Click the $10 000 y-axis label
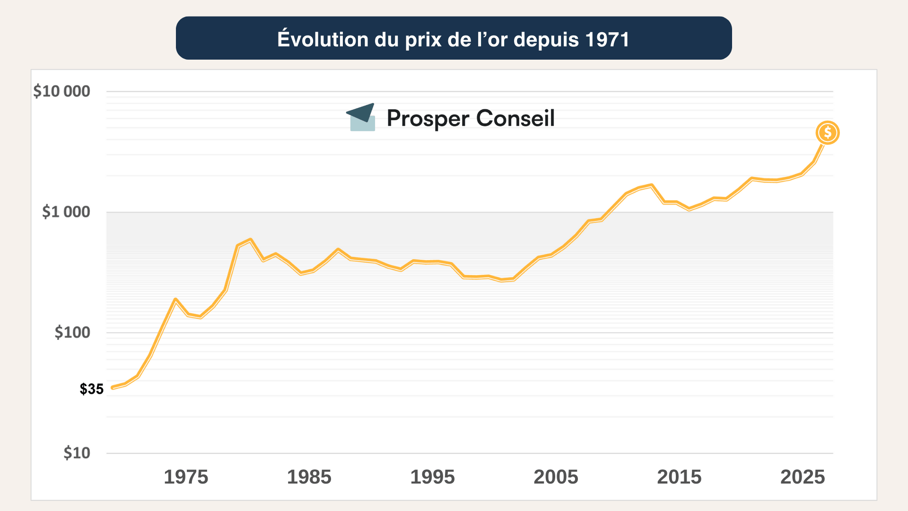click(x=61, y=91)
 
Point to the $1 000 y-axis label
click(x=66, y=211)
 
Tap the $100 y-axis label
click(x=72, y=332)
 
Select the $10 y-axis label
click(x=77, y=453)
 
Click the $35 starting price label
click(x=91, y=389)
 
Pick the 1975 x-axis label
click(x=186, y=477)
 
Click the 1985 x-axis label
click(x=309, y=477)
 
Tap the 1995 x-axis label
click(x=432, y=477)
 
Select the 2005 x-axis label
click(x=556, y=477)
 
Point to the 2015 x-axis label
click(x=679, y=477)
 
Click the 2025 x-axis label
click(x=803, y=477)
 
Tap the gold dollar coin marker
click(x=828, y=132)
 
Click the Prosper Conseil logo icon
click(x=361, y=117)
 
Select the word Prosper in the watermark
click(x=428, y=118)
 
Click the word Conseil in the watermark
click(x=515, y=118)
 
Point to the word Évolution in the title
click(x=323, y=39)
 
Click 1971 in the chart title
click(x=607, y=39)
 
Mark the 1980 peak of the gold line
click(x=250, y=239)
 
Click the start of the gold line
click(x=113, y=388)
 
